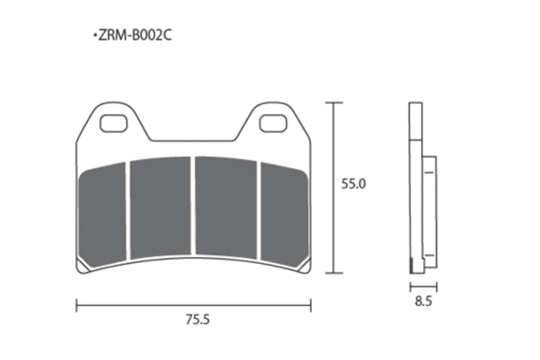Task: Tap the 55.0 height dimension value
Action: click(x=354, y=184)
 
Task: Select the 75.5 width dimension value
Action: click(x=198, y=320)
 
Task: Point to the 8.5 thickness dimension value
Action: click(x=423, y=301)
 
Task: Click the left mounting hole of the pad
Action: click(x=113, y=123)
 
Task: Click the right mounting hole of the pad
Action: click(x=273, y=123)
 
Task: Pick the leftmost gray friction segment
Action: click(x=103, y=215)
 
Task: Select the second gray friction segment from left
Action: click(x=160, y=208)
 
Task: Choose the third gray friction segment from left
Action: click(x=226, y=208)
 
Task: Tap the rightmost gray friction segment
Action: click(x=284, y=215)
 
